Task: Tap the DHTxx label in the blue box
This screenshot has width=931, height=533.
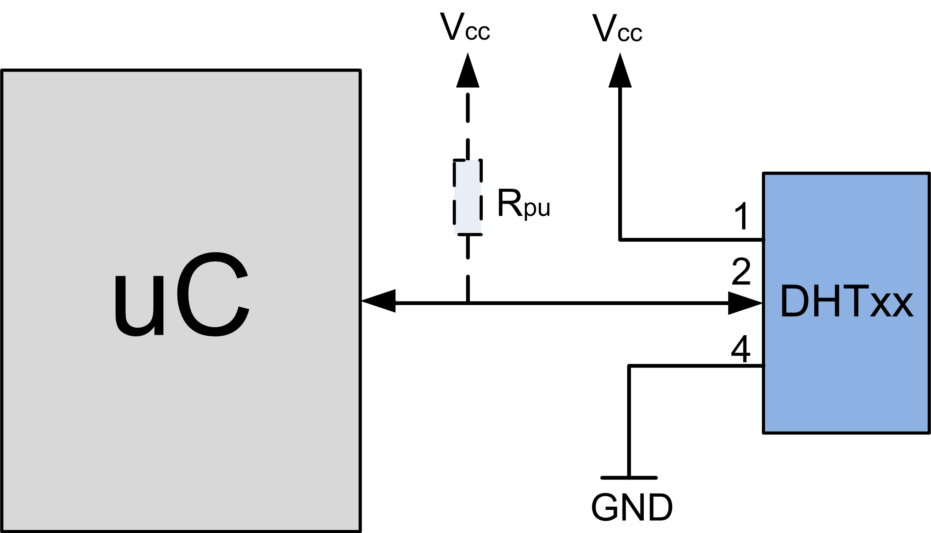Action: (847, 302)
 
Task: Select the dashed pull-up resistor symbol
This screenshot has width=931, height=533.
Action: (468, 197)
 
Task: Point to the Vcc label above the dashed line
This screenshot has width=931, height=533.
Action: (465, 27)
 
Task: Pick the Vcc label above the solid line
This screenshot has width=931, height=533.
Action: (617, 29)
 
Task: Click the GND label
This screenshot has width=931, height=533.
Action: (632, 508)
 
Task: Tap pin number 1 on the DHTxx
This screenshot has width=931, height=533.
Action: (741, 216)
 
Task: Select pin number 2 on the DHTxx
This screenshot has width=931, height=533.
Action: (741, 272)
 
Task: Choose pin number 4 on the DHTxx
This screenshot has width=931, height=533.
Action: (741, 349)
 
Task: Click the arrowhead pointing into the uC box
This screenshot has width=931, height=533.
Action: (379, 301)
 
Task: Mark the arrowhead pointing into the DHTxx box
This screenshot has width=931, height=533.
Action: (745, 303)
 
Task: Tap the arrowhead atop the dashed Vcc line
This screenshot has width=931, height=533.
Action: (468, 71)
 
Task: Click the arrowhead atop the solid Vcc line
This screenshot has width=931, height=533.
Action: (620, 71)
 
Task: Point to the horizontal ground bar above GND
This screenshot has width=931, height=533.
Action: (629, 478)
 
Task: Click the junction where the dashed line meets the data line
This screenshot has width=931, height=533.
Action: (468, 303)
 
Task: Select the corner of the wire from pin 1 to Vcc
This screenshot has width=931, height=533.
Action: (620, 239)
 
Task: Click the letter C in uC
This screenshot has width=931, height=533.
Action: (213, 294)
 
